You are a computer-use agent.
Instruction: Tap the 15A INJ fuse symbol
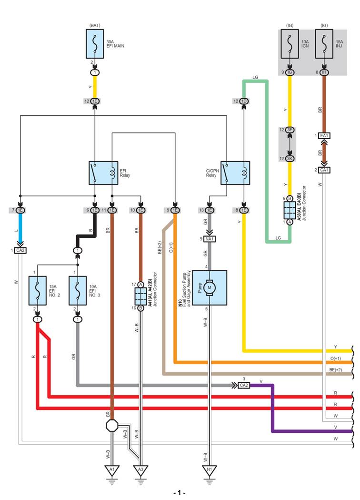pos(324,45)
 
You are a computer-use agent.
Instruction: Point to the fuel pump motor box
pos(210,287)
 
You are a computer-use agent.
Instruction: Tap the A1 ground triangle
pos(112,470)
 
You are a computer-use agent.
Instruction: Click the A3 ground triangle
pos(140,470)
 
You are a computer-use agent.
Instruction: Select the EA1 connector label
pos(325,136)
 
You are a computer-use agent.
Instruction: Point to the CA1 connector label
pos(325,170)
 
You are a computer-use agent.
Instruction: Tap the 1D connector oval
pos(244,101)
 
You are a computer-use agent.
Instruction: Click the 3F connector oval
pos(289,130)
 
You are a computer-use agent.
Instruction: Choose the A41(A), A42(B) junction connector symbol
pos(140,296)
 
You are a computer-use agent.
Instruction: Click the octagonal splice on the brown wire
pos(112,425)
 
